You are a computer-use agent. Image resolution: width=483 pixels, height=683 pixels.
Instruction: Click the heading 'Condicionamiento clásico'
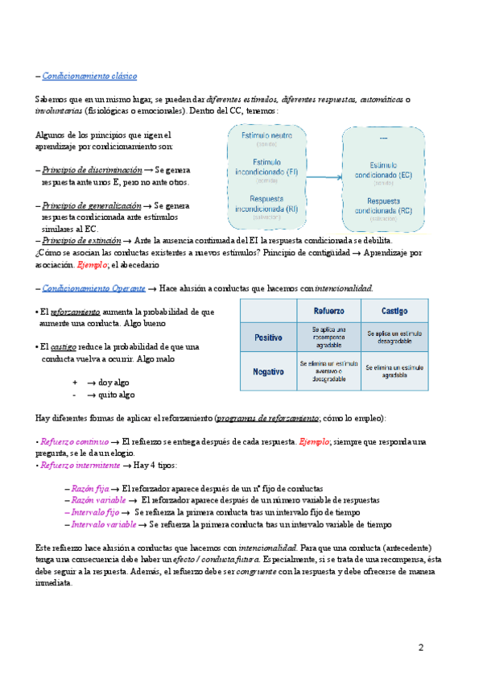click(89, 76)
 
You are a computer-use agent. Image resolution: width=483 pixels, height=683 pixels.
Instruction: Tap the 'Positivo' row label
click(269, 337)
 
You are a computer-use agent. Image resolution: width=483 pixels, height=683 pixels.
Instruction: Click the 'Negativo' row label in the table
click(269, 371)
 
